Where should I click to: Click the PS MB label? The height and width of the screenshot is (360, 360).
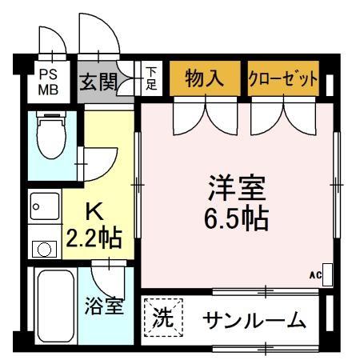pyautogui.click(x=49, y=81)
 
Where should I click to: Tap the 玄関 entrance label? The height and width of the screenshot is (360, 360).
pyautogui.click(x=98, y=82)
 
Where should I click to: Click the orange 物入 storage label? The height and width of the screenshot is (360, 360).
pyautogui.click(x=203, y=78)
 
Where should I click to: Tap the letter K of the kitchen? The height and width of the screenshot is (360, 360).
pyautogui.click(x=94, y=212)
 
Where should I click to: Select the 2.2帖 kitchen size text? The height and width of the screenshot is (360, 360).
pyautogui.click(x=94, y=238)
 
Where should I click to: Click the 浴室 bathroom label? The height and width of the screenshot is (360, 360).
pyautogui.click(x=104, y=306)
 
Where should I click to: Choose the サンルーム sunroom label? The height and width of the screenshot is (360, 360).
pyautogui.click(x=254, y=321)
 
